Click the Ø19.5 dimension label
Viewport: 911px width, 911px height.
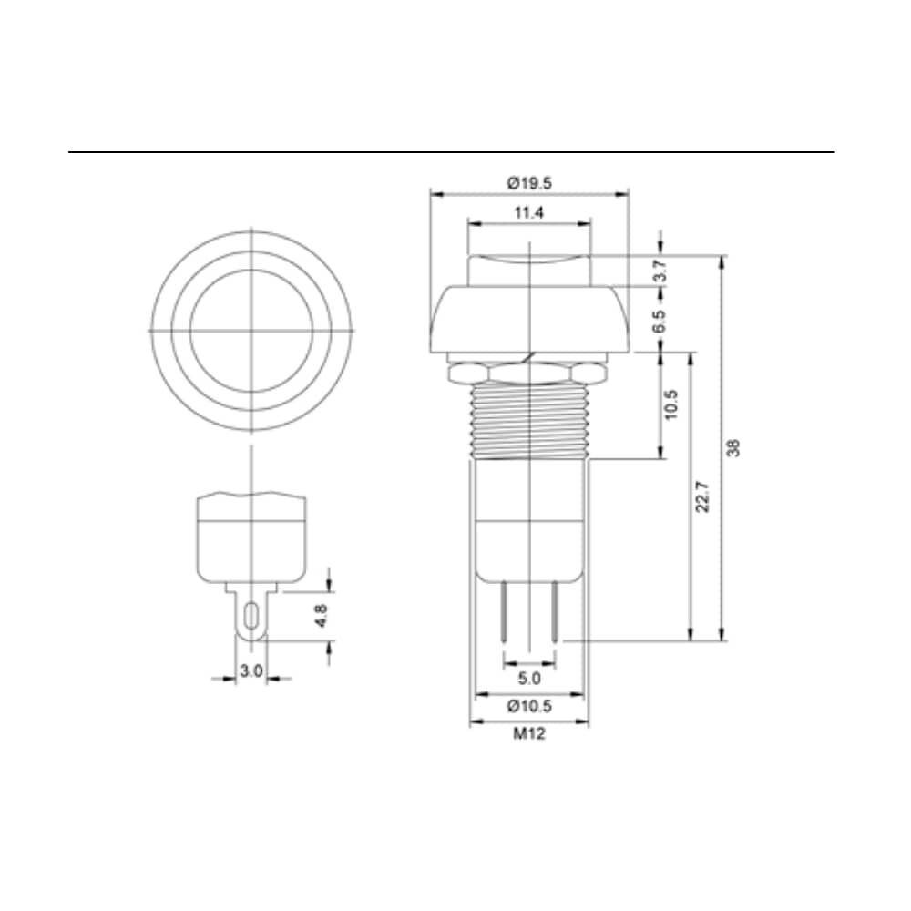click(528, 184)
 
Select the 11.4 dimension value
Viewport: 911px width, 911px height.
click(528, 213)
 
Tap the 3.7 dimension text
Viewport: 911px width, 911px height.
click(660, 271)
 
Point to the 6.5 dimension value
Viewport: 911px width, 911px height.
click(660, 322)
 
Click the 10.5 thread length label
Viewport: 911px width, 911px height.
click(671, 405)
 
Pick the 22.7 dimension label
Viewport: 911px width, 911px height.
click(703, 496)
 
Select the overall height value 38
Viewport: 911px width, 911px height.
click(733, 448)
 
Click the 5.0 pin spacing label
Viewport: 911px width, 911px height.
click(528, 678)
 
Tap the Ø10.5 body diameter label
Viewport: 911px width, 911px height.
click(528, 707)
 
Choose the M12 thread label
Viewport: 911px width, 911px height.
click(528, 733)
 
